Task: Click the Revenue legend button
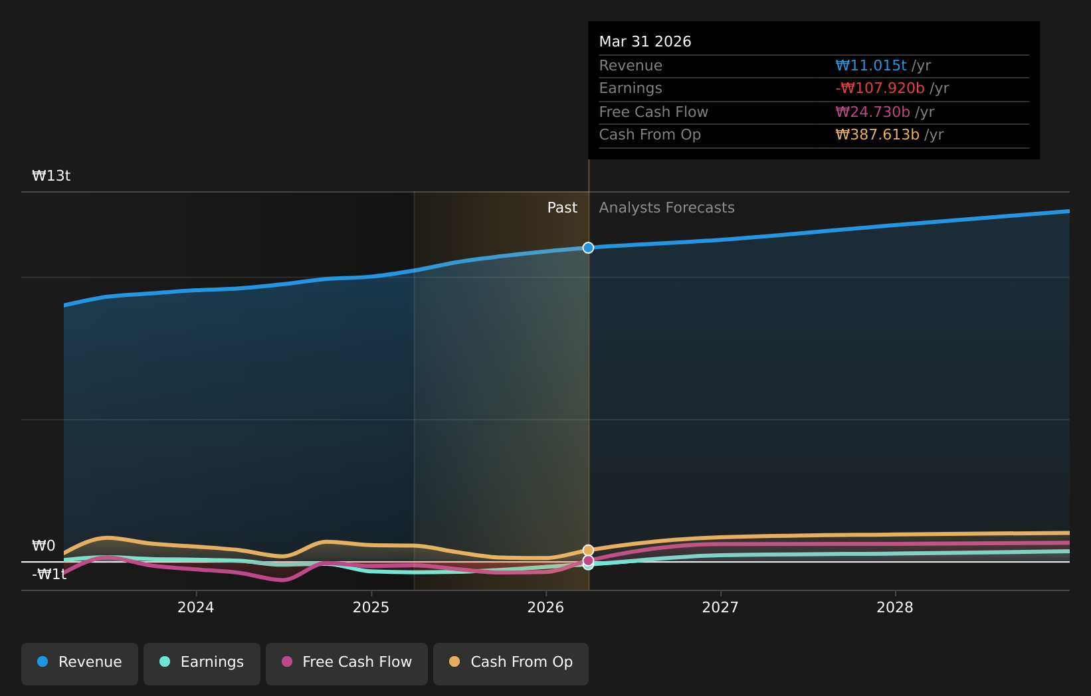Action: coord(79,664)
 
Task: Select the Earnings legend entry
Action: coord(201,664)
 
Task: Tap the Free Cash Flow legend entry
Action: coord(346,664)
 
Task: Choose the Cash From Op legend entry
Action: coord(510,664)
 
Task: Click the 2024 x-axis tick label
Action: coord(196,608)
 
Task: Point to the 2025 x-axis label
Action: coord(371,608)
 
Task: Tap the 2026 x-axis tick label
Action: coord(545,608)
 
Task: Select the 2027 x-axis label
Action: coord(720,608)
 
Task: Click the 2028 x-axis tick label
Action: coord(895,608)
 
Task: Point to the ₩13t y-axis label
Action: coord(51,176)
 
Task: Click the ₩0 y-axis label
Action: coord(44,546)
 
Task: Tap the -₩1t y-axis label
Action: coord(49,574)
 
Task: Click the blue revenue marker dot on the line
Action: coord(589,248)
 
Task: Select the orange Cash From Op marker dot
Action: coord(589,550)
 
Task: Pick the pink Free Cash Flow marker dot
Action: coord(589,561)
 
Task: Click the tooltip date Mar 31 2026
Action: coord(645,42)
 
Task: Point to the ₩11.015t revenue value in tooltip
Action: coord(871,66)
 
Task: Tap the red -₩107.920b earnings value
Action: coord(880,88)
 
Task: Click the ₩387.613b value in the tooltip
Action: coord(878,135)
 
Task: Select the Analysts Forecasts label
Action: coord(667,208)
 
